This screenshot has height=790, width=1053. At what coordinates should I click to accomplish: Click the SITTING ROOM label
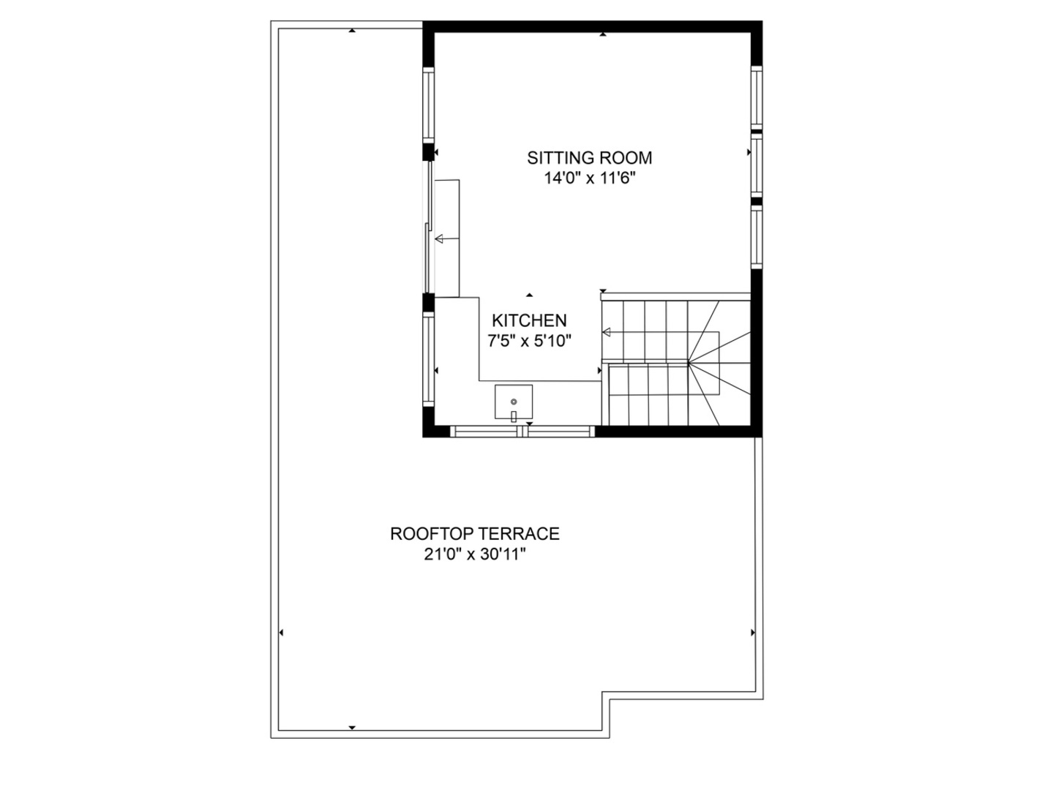pyautogui.click(x=589, y=157)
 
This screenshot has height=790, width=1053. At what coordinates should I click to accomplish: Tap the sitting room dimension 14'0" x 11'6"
pyautogui.click(x=589, y=178)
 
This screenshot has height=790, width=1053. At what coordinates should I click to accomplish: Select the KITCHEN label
pyautogui.click(x=529, y=320)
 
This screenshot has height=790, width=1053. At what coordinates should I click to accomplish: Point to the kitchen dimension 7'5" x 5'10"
pyautogui.click(x=529, y=340)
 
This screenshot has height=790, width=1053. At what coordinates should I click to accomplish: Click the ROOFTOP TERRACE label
pyautogui.click(x=474, y=534)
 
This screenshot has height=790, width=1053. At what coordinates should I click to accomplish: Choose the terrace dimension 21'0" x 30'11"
pyautogui.click(x=474, y=554)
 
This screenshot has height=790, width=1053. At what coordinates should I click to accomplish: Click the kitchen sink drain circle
pyautogui.click(x=514, y=402)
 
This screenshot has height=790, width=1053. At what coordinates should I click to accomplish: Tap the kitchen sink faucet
pyautogui.click(x=514, y=415)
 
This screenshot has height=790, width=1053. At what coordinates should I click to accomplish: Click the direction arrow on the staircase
pyautogui.click(x=607, y=333)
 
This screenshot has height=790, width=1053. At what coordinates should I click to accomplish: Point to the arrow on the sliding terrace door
pyautogui.click(x=439, y=238)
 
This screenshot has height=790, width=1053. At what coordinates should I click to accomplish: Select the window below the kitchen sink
pyautogui.click(x=522, y=432)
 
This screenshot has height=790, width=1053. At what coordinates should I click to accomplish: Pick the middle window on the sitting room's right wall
pyautogui.click(x=757, y=165)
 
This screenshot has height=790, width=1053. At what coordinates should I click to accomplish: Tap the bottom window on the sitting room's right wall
pyautogui.click(x=757, y=237)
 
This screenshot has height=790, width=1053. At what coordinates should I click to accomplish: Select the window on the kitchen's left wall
pyautogui.click(x=429, y=358)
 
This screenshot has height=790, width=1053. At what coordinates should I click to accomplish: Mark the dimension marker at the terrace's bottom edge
pyautogui.click(x=352, y=727)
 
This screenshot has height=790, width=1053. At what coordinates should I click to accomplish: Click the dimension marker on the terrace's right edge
pyautogui.click(x=752, y=633)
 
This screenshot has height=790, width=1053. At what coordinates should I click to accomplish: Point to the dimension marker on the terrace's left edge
pyautogui.click(x=282, y=633)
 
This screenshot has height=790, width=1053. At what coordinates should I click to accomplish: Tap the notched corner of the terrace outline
pyautogui.click(x=607, y=696)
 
